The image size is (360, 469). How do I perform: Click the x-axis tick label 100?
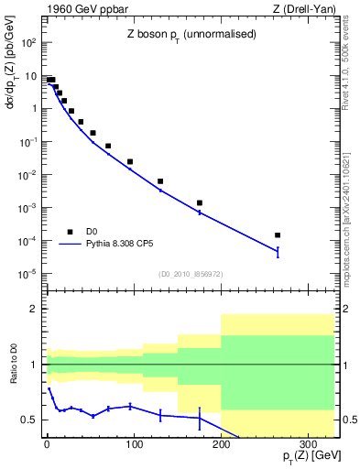[134, 446]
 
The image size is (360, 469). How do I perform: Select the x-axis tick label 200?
[221, 446]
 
